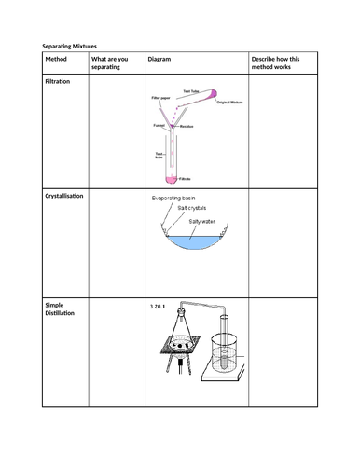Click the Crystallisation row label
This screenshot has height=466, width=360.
68,197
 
